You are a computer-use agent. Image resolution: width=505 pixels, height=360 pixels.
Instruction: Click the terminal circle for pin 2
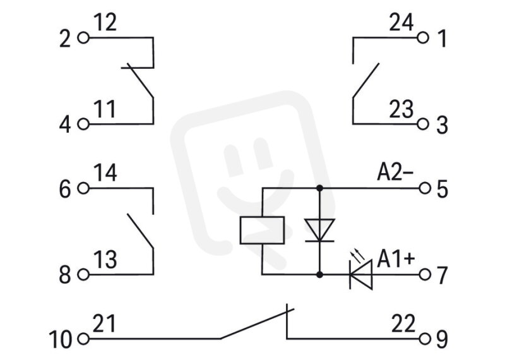pos(83,38)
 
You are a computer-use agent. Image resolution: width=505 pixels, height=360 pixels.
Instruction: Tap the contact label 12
pos(105,23)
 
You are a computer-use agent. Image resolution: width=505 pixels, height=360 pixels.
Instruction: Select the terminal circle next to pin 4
pos(83,124)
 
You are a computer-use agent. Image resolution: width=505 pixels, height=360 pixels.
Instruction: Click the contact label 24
pos(401,23)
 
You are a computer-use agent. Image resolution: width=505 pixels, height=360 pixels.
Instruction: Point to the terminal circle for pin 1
pos(423,38)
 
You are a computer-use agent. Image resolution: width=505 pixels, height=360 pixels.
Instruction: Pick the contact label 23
pos(401,109)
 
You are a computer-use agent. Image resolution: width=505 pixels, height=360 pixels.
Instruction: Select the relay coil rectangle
pos(262,230)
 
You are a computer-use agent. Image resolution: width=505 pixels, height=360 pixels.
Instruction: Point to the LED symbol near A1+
pos(361,275)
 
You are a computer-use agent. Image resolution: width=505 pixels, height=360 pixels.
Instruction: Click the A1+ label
pos(396,259)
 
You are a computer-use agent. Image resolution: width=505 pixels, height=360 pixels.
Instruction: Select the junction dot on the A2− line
pos(319,188)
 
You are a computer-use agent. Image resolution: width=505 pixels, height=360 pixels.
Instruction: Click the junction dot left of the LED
pos(319,275)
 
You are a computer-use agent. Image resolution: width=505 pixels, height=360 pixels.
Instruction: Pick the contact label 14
pos(105,173)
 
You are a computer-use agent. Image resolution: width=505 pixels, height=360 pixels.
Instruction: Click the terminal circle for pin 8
pos(83,275)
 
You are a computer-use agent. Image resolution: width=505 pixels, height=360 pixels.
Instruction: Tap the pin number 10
pos(61,339)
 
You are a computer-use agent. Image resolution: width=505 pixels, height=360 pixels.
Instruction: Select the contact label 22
pos(403,323)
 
